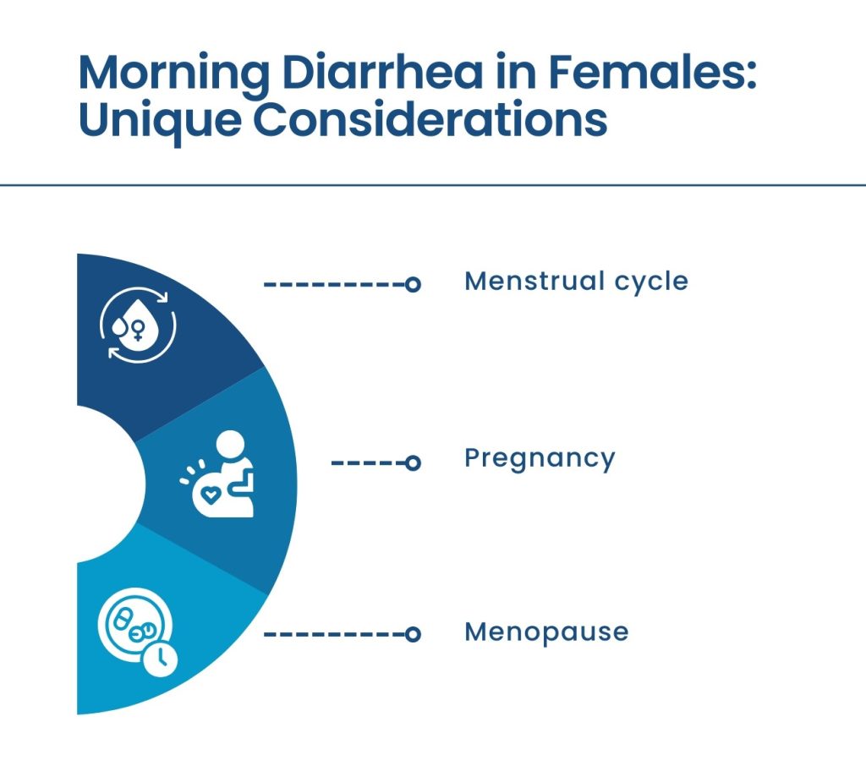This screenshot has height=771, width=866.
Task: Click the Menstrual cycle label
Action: point(576,282)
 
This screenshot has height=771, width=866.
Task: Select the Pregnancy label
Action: point(540,459)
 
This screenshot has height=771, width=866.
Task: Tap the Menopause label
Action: point(546,632)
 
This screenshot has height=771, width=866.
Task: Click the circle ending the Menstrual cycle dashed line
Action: point(413,285)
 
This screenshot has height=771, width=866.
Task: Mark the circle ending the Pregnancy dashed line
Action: point(413,462)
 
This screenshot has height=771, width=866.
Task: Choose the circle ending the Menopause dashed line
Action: point(413,634)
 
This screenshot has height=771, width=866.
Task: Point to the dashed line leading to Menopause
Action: point(334,634)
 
